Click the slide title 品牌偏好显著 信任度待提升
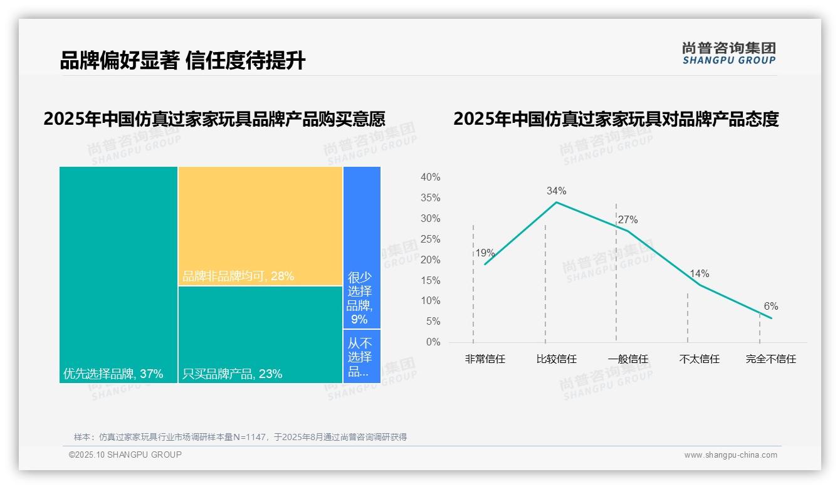(182, 61)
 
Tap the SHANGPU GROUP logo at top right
(728, 53)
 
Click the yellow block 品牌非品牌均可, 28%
(260, 226)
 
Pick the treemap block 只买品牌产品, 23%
(260, 334)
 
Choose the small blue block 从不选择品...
(361, 356)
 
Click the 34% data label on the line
(556, 191)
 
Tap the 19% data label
(485, 253)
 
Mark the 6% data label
(770, 306)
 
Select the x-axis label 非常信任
(485, 359)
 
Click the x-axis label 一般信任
(627, 359)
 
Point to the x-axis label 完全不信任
(770, 359)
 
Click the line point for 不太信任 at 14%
(699, 285)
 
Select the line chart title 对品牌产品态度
(616, 119)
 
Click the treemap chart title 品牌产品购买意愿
(214, 119)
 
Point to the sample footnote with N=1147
(241, 437)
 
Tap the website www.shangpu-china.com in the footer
(730, 455)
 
